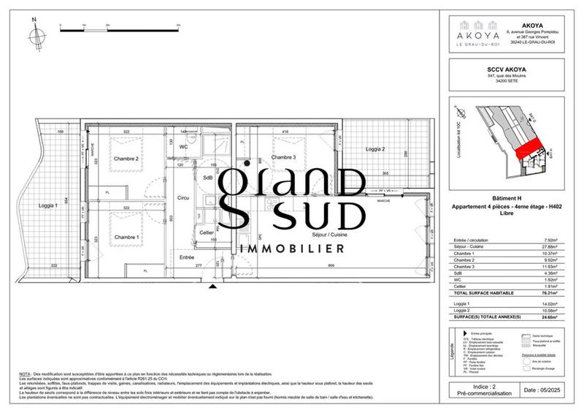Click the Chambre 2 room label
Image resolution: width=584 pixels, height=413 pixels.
tap(126, 158)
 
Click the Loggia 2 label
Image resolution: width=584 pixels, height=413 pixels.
tap(374, 149)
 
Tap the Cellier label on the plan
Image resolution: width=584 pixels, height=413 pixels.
tap(207, 232)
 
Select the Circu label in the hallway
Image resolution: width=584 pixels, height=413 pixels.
tap(182, 198)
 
